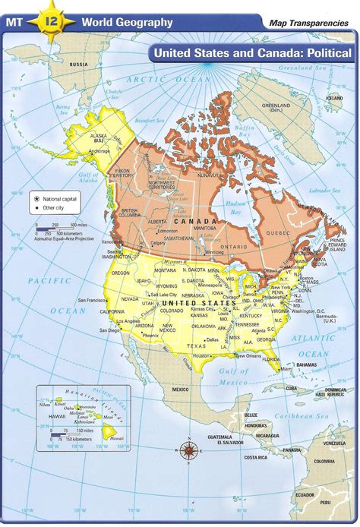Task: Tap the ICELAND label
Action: [x=333, y=98]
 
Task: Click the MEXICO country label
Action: [x=180, y=390]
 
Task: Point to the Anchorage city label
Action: [x=99, y=151]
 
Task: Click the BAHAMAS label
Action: [x=307, y=365]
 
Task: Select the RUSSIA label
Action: [x=78, y=65]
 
